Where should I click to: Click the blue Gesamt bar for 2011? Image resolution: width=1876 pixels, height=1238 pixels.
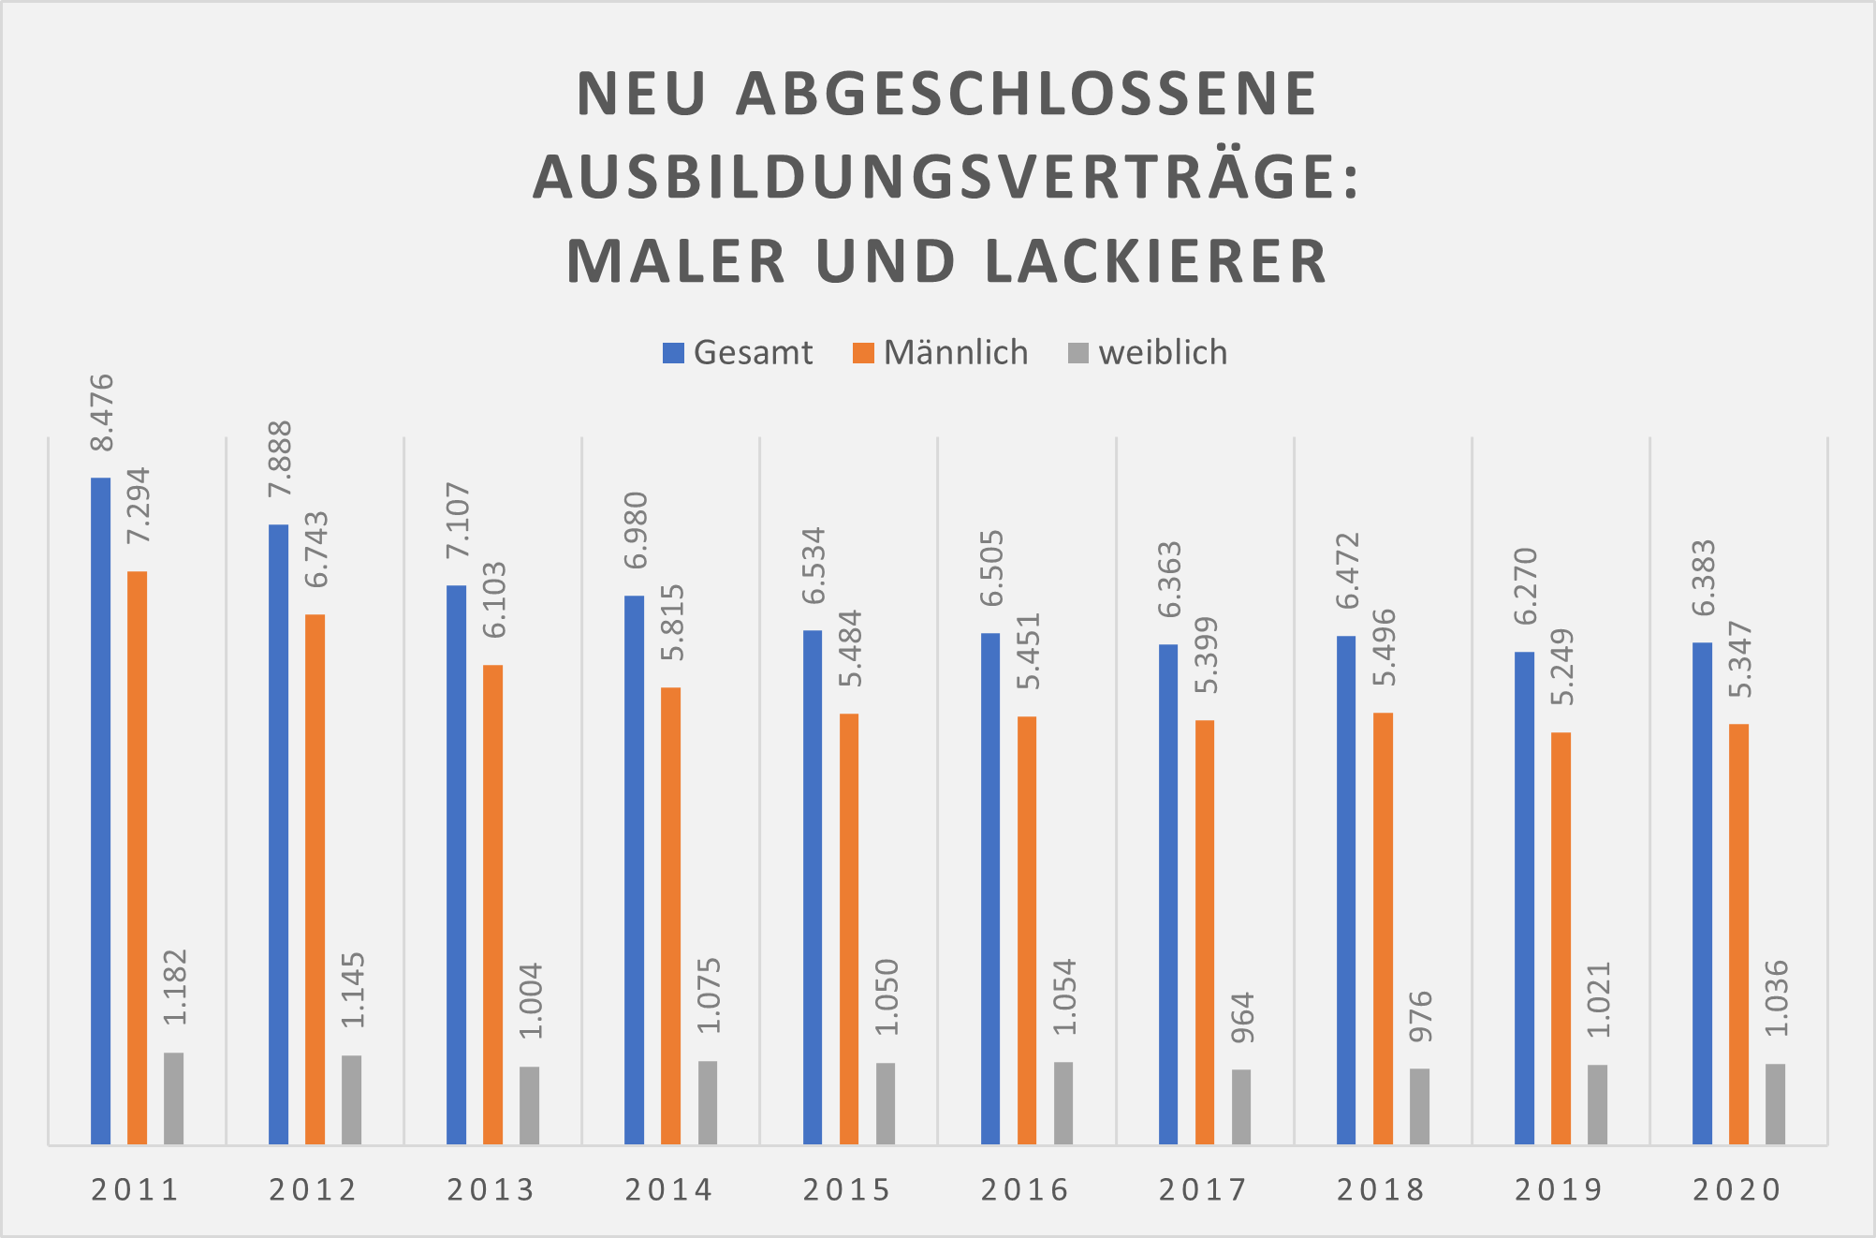100,811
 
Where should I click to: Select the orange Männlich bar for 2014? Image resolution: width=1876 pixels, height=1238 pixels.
670,916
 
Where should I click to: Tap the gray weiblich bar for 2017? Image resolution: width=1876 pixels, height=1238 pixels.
1241,1107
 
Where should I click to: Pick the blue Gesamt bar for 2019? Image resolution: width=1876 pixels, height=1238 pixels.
1524,898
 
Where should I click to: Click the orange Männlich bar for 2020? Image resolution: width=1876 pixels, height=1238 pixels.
1738,934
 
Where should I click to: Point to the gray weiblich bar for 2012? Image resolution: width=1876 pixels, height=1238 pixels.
351,1099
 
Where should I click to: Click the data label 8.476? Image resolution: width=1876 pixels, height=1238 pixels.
100,413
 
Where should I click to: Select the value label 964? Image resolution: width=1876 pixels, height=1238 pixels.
1242,1019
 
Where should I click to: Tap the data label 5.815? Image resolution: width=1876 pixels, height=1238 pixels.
672,623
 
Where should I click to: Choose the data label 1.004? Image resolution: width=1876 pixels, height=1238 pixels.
531,1001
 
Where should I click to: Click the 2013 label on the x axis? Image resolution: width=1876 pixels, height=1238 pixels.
491,1190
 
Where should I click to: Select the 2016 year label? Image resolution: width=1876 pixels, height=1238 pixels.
1025,1190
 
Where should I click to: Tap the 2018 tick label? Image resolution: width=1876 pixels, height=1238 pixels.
1381,1190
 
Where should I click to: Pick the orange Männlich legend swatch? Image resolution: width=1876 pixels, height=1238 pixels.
863,353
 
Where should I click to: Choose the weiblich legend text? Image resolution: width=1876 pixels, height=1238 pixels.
1163,353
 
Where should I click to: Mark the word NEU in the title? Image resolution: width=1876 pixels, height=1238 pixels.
641,94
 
